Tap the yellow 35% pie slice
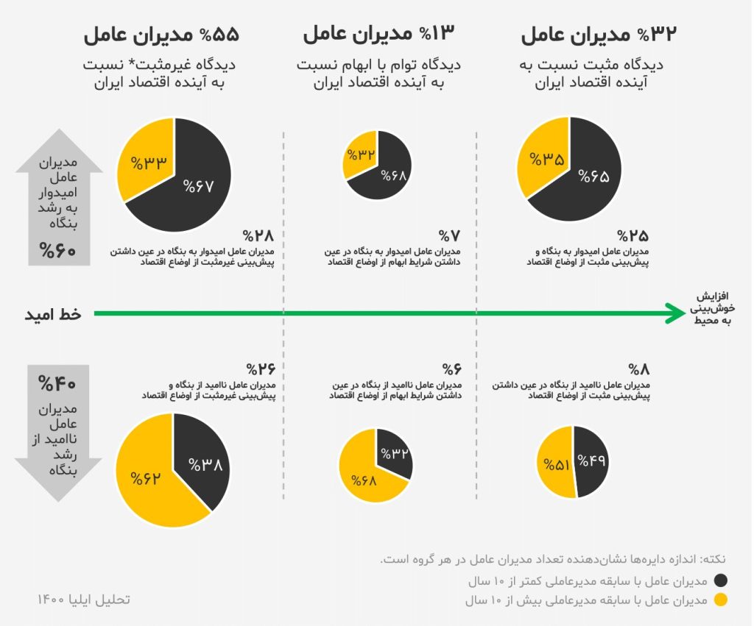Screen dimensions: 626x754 point(546,160)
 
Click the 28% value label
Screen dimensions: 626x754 point(259,236)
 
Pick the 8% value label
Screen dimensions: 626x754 point(637,368)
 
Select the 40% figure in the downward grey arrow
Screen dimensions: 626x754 point(57,383)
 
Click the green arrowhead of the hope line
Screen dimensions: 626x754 point(674,313)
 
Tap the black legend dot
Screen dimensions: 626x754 point(721,580)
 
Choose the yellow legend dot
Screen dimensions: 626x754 point(721,600)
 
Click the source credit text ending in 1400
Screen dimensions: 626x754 point(83,599)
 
